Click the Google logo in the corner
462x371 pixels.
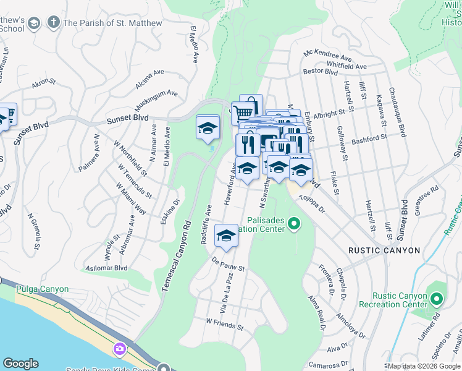[21, 364]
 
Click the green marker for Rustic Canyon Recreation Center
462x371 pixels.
[437, 300]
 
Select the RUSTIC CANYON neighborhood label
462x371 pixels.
[384, 250]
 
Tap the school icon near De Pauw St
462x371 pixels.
[227, 236]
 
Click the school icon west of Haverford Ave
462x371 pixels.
[208, 128]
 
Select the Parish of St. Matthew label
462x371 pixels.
[112, 23]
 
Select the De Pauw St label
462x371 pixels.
[228, 265]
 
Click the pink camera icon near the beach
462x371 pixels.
[119, 349]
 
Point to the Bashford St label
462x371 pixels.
[369, 139]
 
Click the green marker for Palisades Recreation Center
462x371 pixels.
[295, 224]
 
